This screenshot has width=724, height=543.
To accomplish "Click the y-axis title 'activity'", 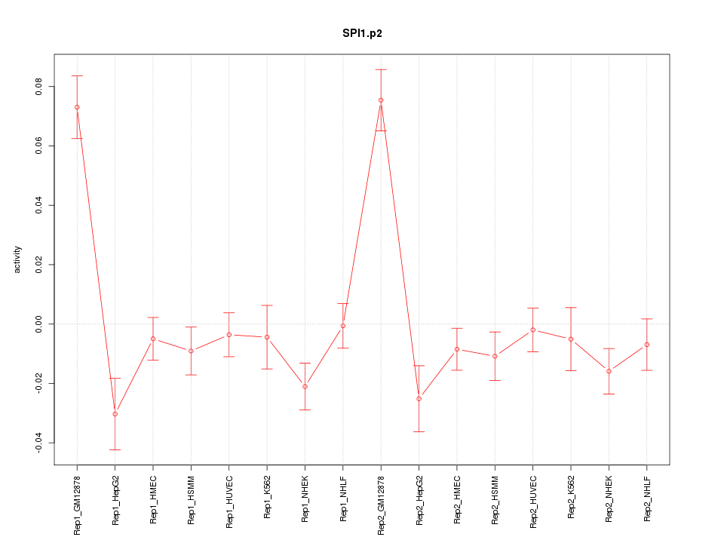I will [x=17, y=259].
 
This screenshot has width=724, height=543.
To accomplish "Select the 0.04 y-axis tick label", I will [x=40, y=205].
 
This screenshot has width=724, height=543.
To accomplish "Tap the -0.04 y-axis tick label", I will [x=40, y=443].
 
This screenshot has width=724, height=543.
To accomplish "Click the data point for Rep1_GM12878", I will [x=77, y=107].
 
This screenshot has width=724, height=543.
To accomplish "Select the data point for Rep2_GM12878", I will [x=381, y=100].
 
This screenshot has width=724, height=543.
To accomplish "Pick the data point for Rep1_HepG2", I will [x=115, y=414].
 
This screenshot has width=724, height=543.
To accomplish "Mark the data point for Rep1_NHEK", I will [x=305, y=387].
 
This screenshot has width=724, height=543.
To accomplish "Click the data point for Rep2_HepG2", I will [x=419, y=398].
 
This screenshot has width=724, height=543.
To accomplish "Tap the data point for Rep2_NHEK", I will [x=609, y=371].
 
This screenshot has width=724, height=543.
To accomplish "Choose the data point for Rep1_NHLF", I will [x=343, y=326].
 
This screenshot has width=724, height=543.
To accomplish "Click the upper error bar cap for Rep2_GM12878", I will [x=381, y=69].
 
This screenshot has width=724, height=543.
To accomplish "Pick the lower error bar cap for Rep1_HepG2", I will [x=115, y=449].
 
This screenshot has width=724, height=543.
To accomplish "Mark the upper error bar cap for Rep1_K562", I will [x=267, y=305].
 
